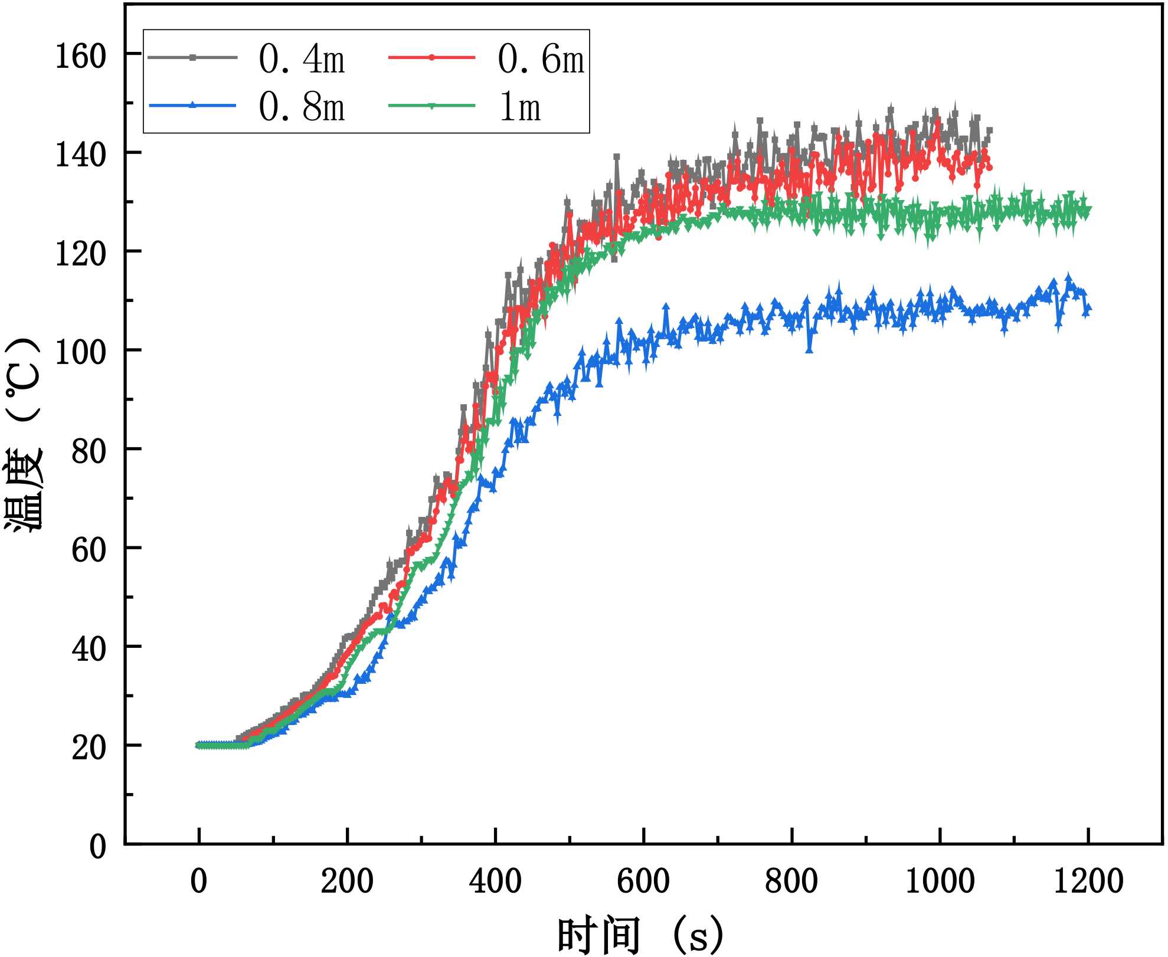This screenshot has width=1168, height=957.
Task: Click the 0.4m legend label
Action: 302,59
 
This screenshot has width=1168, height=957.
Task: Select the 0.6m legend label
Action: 541,59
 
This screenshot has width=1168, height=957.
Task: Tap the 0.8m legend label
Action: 302,107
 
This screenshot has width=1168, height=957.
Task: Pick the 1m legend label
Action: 520,107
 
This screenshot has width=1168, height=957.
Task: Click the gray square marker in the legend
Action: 192,57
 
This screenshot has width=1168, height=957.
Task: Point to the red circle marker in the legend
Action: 431,57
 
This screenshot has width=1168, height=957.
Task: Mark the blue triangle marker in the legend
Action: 192,106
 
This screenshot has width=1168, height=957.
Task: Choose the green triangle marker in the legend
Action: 431,106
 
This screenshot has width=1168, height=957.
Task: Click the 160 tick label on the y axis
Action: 80,57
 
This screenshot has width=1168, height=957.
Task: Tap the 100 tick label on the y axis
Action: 80,353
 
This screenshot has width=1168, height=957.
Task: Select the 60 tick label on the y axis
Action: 89,550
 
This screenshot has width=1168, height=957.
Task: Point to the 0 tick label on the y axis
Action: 97,847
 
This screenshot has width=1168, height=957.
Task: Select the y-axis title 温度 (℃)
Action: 25,435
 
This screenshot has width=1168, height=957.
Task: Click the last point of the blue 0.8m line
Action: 1088,308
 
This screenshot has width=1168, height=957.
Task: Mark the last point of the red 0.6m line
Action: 989,168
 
